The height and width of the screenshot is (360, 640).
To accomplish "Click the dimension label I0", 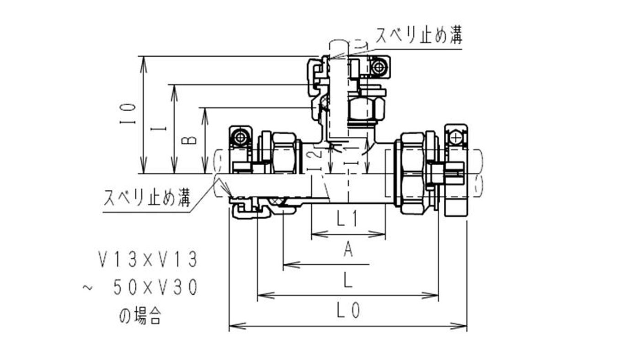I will [x=130, y=114].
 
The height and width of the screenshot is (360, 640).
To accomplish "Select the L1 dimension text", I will [x=347, y=220].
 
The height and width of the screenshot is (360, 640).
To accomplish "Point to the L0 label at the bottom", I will [x=348, y=311].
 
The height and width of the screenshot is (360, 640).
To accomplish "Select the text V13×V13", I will [x=149, y=260].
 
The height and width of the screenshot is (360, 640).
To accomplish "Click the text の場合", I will [x=140, y=316].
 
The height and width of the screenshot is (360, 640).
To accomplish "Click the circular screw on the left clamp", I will [x=240, y=137].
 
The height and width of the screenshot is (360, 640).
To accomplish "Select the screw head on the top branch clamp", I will [x=378, y=68].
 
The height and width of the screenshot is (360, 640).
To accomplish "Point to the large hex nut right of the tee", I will [x=411, y=173].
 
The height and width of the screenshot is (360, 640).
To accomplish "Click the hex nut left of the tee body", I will [x=283, y=153].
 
